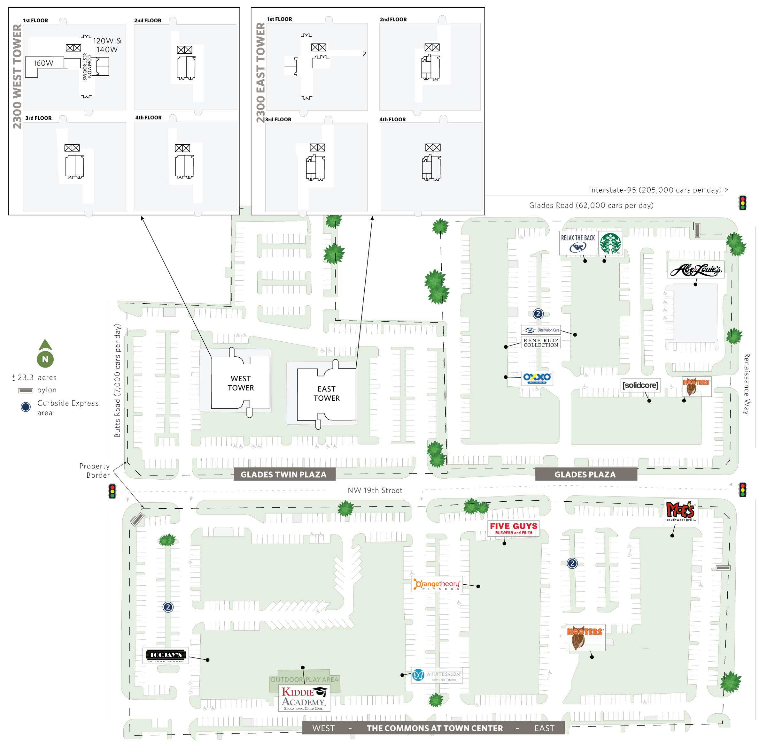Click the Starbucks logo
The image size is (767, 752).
(610, 243)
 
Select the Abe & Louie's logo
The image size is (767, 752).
(696, 270)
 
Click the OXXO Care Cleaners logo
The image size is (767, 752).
(537, 377)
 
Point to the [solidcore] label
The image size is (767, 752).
(640, 385)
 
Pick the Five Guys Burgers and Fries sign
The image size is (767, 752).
(514, 528)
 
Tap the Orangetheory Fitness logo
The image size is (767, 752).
(437, 584)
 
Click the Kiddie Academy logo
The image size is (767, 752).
(304, 698)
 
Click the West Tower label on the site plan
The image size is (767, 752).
(241, 383)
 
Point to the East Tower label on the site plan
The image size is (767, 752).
(327, 393)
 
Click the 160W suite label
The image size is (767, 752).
(43, 63)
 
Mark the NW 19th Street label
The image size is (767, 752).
(375, 490)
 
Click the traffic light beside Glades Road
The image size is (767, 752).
(742, 203)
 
